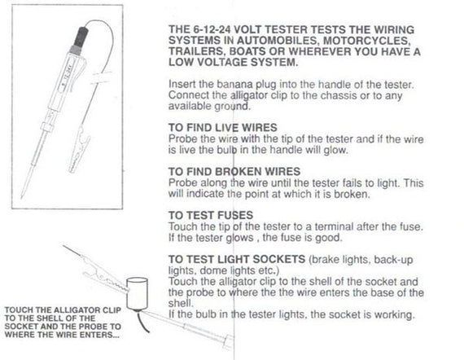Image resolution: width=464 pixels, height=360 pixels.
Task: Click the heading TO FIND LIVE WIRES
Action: click(222, 128)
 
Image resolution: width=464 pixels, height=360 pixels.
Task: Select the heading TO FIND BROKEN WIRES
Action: click(234, 171)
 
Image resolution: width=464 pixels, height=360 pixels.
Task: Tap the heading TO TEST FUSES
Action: click(211, 215)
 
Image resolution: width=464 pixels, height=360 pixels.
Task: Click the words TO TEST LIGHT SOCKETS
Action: click(237, 259)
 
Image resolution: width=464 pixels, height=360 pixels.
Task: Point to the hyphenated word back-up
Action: click(393, 260)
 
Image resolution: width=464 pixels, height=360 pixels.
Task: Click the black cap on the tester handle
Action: click(81, 36)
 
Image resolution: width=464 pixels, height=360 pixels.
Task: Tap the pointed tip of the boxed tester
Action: click(22, 197)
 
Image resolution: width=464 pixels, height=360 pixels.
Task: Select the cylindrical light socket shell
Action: click(137, 293)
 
